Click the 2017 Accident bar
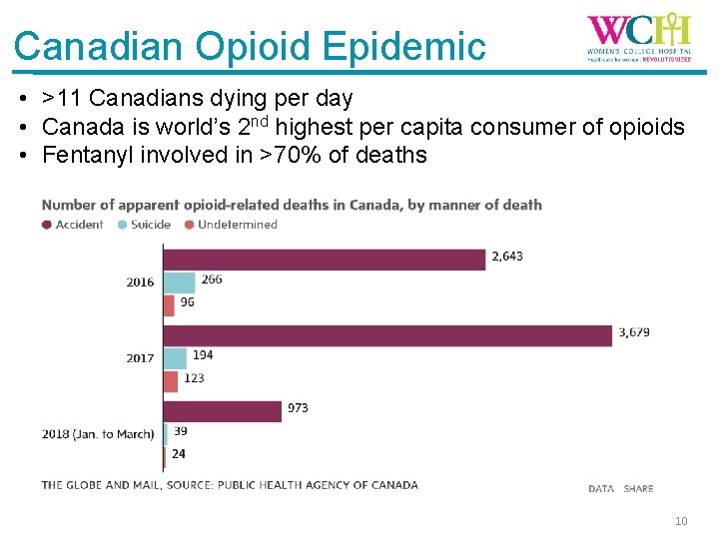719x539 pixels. click(387, 335)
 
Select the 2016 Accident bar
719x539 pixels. click(325, 260)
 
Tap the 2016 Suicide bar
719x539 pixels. click(179, 282)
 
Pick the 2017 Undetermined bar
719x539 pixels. click(171, 380)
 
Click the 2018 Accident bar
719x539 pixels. click(222, 410)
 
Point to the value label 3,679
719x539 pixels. click(634, 332)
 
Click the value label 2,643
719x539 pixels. click(506, 257)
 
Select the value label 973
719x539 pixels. click(299, 407)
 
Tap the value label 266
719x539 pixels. click(212, 279)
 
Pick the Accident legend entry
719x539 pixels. click(73, 225)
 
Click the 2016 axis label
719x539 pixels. click(140, 282)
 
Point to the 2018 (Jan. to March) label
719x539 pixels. click(98, 434)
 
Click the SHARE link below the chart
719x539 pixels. click(638, 489)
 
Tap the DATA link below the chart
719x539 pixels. click(601, 489)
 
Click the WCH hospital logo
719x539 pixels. click(638, 38)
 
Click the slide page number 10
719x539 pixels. click(681, 521)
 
